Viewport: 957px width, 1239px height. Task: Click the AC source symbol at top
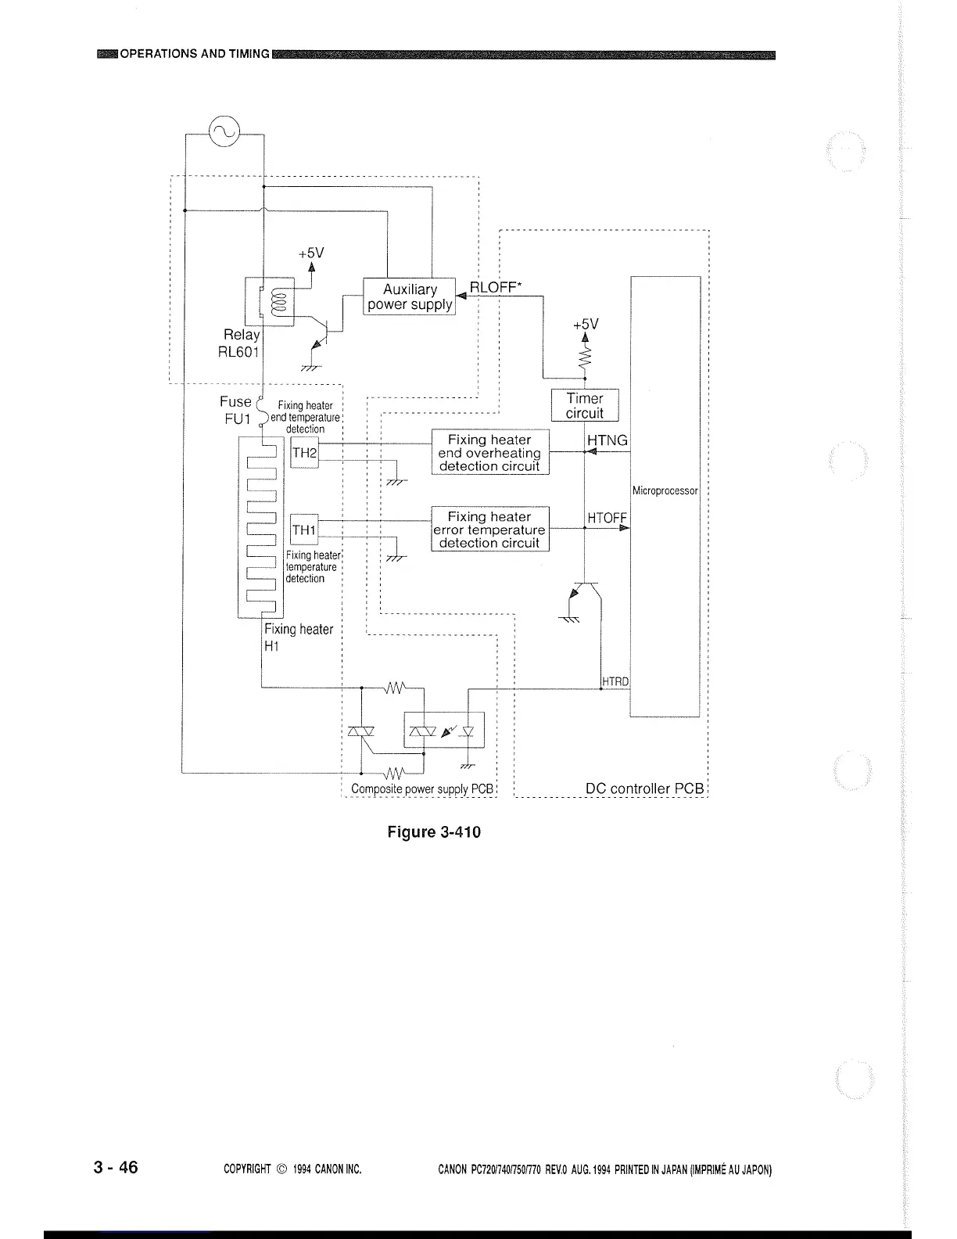click(x=224, y=131)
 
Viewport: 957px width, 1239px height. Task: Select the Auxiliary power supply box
click(x=410, y=297)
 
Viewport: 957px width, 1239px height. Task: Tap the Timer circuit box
click(x=585, y=406)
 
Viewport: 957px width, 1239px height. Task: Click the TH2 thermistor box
click(x=304, y=453)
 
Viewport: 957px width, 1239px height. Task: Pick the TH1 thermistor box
click(x=304, y=531)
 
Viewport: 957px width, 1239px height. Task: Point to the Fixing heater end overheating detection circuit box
click(x=490, y=453)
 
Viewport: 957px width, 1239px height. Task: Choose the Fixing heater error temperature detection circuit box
click(x=490, y=530)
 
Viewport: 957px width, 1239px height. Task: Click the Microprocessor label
click(x=665, y=491)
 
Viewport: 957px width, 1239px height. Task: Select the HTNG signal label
click(x=608, y=440)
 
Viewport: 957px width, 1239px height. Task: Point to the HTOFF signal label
click(x=608, y=518)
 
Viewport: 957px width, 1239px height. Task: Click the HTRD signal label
click(x=615, y=681)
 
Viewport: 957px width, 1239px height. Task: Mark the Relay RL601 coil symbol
click(x=275, y=302)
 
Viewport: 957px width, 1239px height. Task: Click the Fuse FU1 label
click(x=235, y=410)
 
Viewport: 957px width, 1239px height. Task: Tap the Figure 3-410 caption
click(x=434, y=831)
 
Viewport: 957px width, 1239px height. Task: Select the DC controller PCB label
click(x=645, y=788)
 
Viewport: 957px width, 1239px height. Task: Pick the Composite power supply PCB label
click(x=422, y=788)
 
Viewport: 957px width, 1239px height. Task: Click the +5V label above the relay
click(x=310, y=253)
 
